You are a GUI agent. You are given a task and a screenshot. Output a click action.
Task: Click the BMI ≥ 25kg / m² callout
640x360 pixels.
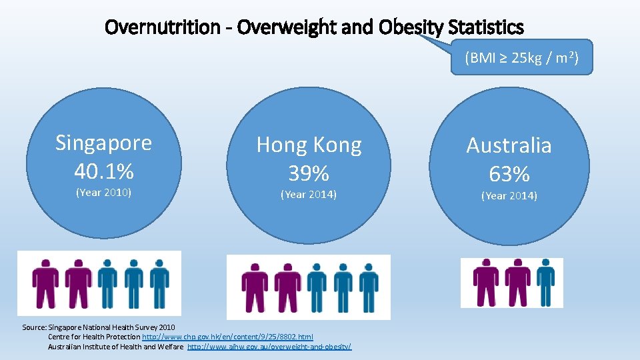pos(521,58)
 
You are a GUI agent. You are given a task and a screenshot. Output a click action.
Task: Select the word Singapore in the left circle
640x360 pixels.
pos(103,143)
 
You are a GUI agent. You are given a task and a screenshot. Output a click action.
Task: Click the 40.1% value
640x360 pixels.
pos(103,171)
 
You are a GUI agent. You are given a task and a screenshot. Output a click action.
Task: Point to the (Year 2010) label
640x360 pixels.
pos(103,193)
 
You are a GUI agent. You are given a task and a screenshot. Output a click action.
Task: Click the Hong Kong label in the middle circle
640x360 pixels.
pos(309,145)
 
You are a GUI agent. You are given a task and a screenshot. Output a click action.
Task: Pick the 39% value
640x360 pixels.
pos(309,173)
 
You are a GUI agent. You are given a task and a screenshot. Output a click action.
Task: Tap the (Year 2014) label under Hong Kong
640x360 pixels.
pos(309,195)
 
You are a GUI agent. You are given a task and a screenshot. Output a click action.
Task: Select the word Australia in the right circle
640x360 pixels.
pos(509,145)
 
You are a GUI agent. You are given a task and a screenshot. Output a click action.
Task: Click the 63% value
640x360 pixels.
pos(509,174)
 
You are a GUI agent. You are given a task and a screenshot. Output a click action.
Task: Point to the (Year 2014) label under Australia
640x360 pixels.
pos(509,195)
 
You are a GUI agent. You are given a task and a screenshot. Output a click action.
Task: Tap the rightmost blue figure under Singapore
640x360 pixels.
pos(159,283)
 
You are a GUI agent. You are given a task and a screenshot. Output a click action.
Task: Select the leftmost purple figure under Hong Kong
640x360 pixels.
pos(255,287)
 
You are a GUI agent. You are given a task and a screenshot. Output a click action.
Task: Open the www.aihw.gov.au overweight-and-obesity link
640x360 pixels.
pos(269,347)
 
